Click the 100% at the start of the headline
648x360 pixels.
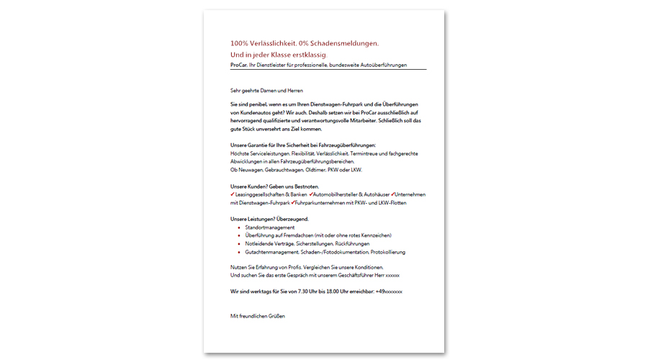(240, 44)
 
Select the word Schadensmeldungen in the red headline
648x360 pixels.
(343, 44)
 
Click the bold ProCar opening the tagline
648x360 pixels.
(238, 65)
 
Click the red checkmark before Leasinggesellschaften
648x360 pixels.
(233, 194)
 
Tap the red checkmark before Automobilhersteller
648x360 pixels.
(310, 194)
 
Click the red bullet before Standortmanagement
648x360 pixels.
(238, 228)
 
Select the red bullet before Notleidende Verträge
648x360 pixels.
(238, 244)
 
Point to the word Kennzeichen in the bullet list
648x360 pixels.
(374, 235)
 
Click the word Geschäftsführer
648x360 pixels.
(354, 275)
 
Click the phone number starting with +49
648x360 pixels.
(389, 292)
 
